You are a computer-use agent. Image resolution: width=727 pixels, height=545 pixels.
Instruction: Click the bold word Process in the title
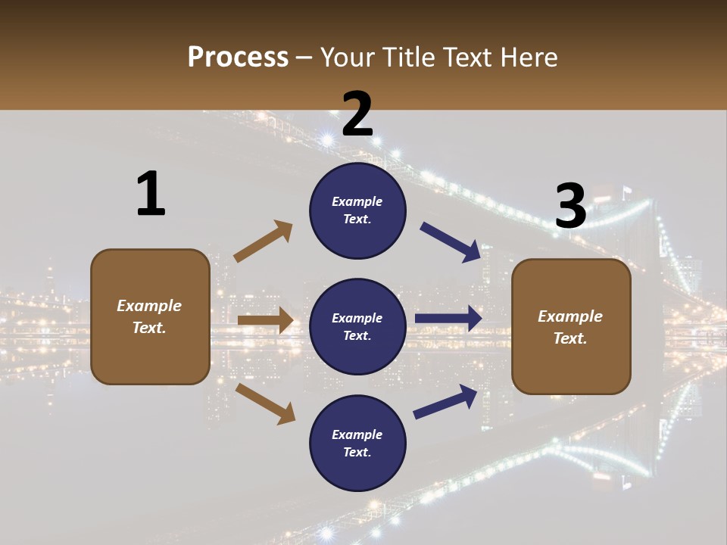pos(238,58)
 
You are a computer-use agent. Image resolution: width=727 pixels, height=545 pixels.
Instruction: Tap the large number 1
pos(151,194)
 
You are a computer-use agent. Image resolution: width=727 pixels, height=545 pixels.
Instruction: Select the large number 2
pos(357,114)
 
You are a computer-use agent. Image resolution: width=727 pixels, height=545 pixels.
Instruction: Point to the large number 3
pos(571,206)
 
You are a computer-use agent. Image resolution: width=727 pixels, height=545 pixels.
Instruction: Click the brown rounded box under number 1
pos(150,316)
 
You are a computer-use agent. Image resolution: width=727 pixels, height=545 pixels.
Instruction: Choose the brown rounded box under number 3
pos(571,326)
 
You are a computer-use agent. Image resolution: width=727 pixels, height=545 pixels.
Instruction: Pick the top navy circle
pos(357,210)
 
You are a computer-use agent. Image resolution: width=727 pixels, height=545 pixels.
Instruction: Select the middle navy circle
pos(357,326)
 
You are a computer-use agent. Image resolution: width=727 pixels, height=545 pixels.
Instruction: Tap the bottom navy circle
pos(357,443)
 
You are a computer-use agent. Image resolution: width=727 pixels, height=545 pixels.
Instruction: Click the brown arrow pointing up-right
pos(264,241)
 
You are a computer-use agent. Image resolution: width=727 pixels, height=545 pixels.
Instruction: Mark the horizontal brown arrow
pos(265,320)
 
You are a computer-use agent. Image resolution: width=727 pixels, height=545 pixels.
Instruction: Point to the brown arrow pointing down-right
pos(265,403)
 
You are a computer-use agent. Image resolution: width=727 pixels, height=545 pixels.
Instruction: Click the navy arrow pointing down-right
pos(451,242)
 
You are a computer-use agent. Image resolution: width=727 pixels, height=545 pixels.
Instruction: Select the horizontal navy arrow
pos(448,319)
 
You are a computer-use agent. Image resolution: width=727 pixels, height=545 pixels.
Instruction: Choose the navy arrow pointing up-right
pos(445,402)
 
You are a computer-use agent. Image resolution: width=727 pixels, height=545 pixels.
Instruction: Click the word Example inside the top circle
pos(357,201)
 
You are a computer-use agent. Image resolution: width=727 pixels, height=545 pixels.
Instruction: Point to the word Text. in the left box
pos(150,328)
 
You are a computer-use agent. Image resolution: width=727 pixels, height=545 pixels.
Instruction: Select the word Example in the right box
pos(570,316)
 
